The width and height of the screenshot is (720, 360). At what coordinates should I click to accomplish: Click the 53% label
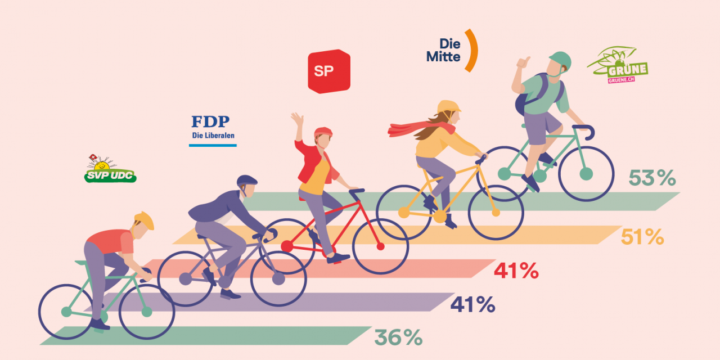pyautogui.click(x=652, y=178)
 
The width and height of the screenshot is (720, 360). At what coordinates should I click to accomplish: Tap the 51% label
pyautogui.click(x=642, y=237)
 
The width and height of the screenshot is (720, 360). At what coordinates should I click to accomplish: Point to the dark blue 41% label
pyautogui.click(x=472, y=304)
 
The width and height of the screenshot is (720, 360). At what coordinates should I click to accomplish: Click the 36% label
pyautogui.click(x=398, y=337)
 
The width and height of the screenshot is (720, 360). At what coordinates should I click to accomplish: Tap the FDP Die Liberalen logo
pyautogui.click(x=213, y=129)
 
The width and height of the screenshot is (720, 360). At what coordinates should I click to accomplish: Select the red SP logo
pyautogui.click(x=328, y=71)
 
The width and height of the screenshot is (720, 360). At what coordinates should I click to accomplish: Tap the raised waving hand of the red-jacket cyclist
pyautogui.click(x=297, y=119)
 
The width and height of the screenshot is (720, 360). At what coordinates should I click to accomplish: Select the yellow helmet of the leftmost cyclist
pyautogui.click(x=145, y=219)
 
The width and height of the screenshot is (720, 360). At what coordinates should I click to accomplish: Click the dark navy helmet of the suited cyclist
pyautogui.click(x=246, y=181)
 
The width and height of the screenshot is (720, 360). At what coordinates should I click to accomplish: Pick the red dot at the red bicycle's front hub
pyautogui.click(x=380, y=246)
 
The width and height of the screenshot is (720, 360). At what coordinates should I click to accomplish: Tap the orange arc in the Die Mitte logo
pyautogui.click(x=471, y=51)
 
